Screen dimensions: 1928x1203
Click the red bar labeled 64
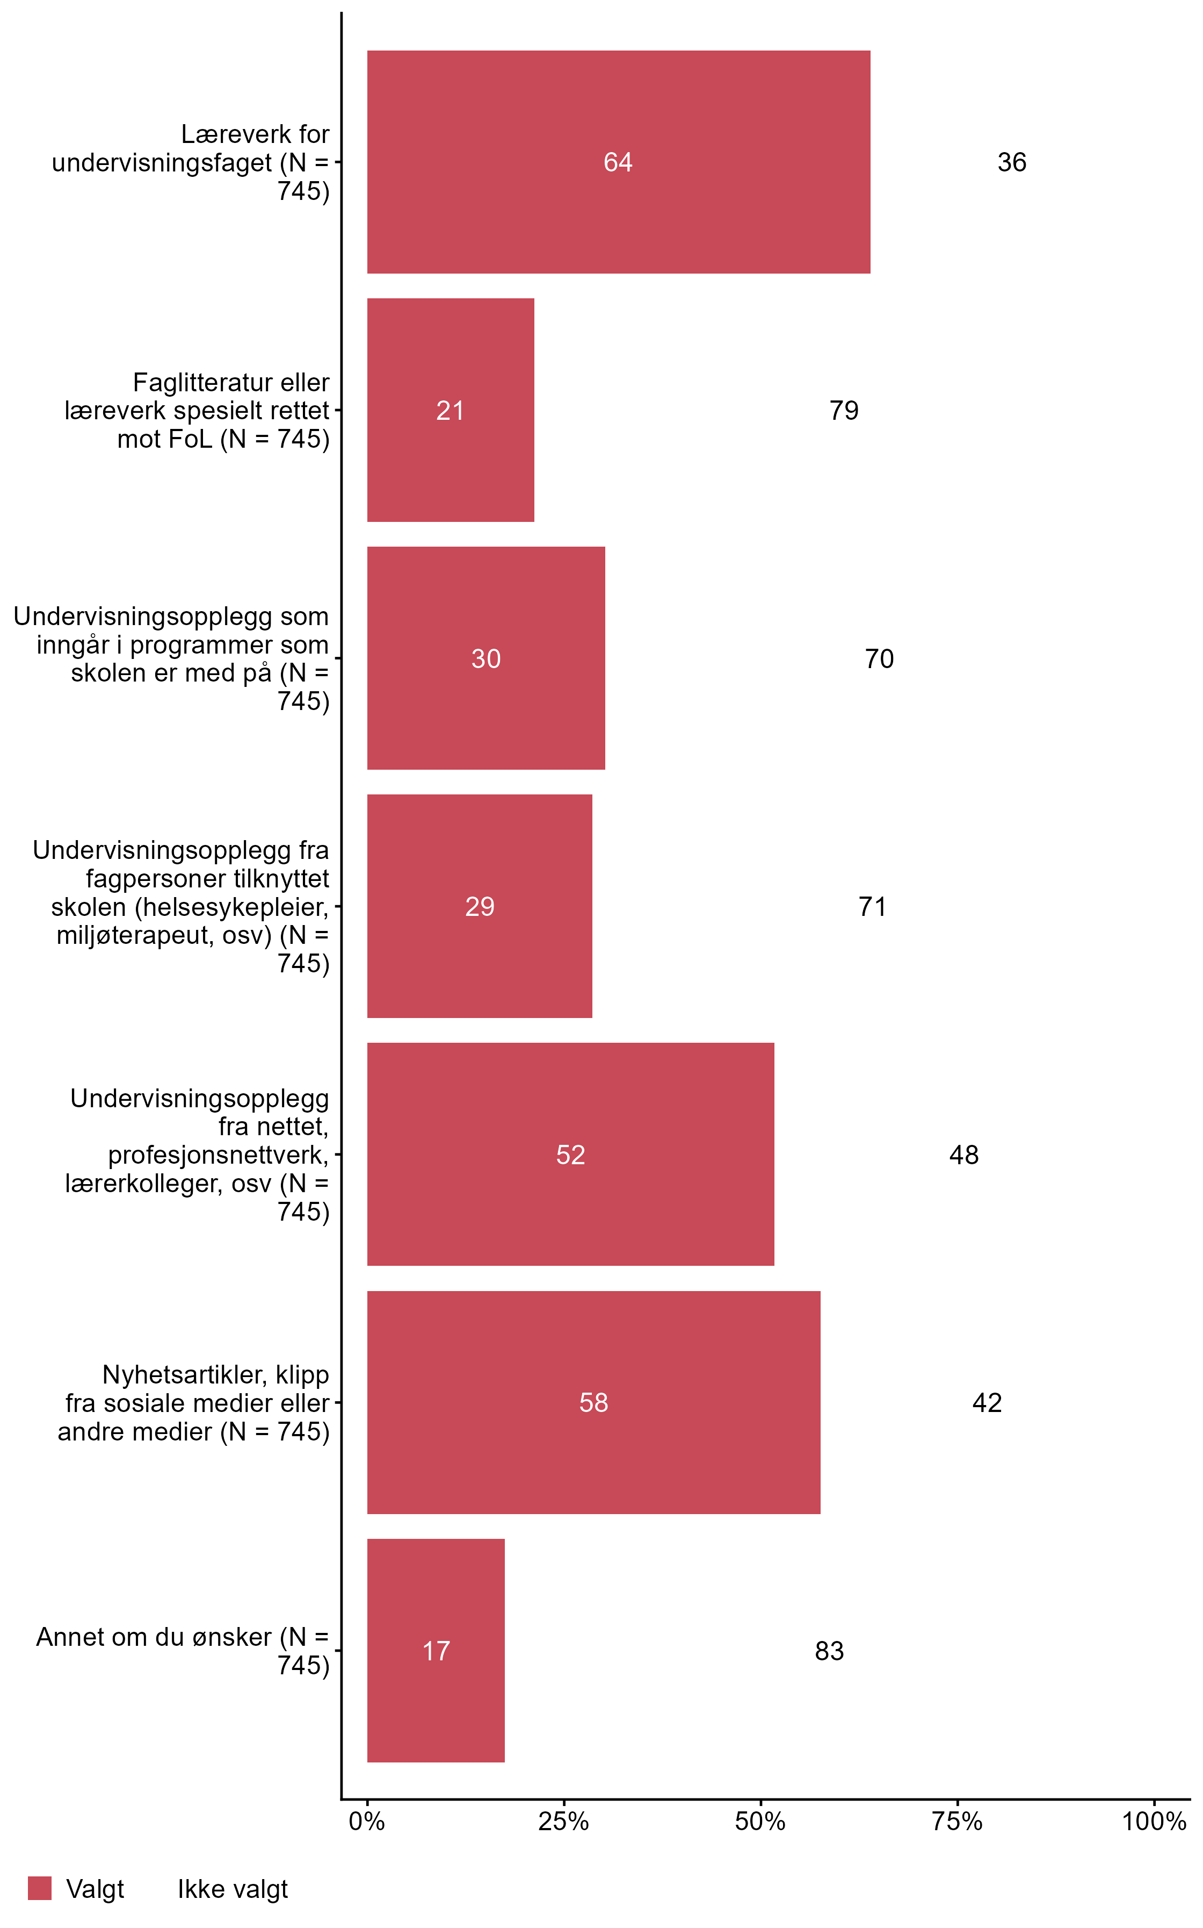coord(618,162)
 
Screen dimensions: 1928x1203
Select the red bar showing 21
coord(451,410)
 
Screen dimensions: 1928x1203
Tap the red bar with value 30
coord(485,658)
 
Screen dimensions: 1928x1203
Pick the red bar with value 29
coord(479,906)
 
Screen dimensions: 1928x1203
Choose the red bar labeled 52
coord(570,1154)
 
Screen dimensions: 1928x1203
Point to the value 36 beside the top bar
coord(1011,162)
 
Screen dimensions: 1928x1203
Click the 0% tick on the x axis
coord(367,1822)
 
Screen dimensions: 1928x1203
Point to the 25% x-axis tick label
coord(563,1822)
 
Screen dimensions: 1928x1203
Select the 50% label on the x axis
coord(760,1822)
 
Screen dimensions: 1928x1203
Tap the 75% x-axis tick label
coord(956,1822)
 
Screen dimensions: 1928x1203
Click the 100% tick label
coord(1153,1822)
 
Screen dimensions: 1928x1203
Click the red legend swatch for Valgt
coord(40,1888)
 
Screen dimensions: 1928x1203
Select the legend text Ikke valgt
coord(233,1889)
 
